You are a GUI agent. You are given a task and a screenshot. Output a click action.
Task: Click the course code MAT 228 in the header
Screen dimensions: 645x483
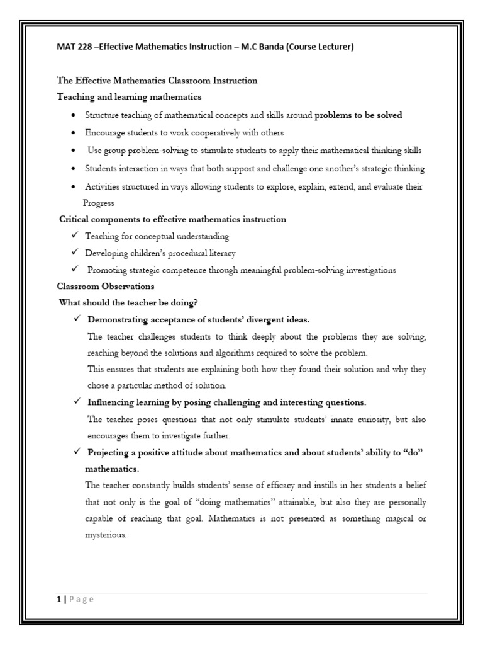[73, 47]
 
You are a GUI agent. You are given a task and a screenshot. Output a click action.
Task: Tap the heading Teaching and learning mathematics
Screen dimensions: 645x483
[129, 97]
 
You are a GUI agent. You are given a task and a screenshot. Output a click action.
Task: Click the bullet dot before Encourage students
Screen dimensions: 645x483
[74, 133]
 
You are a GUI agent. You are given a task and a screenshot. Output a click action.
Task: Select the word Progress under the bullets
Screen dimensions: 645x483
[99, 203]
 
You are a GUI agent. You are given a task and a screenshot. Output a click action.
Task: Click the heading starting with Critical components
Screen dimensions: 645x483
[172, 219]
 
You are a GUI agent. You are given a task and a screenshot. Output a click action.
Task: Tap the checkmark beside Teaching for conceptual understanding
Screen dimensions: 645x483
[74, 236]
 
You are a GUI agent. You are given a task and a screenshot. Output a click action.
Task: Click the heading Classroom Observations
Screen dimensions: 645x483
[105, 286]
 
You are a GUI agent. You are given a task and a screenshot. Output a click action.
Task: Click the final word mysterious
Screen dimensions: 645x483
[106, 535]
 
